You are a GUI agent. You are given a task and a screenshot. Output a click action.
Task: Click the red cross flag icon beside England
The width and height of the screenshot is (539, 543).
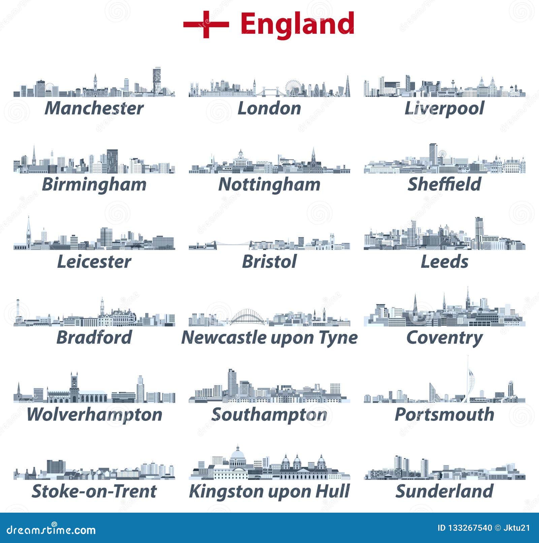tap(206, 24)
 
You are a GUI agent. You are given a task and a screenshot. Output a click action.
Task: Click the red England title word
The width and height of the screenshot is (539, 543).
tap(297, 24)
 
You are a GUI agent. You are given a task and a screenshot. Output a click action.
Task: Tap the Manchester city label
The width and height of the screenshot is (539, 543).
tap(94, 108)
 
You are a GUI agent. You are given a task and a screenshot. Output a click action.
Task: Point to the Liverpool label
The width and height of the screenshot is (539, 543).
tap(444, 108)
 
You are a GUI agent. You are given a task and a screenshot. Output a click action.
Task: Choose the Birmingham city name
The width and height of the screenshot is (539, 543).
tap(94, 184)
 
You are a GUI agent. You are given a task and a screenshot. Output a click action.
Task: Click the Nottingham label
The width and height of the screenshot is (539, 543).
tap(269, 184)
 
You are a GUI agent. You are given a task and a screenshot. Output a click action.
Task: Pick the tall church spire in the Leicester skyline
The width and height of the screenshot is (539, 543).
tap(29, 229)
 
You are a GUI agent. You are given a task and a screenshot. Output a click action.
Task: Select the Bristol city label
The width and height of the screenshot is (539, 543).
tap(269, 261)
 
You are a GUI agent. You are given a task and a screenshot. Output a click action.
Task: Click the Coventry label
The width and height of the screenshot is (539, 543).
tap(444, 338)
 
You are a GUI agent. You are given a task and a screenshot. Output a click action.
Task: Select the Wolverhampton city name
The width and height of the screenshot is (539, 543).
tap(94, 414)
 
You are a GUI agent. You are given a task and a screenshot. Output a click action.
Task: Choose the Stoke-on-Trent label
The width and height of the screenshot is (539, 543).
tap(94, 491)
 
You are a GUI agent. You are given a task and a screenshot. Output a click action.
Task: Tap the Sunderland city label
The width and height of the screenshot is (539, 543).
tap(444, 491)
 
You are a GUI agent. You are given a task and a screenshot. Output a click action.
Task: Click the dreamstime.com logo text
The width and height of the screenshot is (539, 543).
tap(51, 530)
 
